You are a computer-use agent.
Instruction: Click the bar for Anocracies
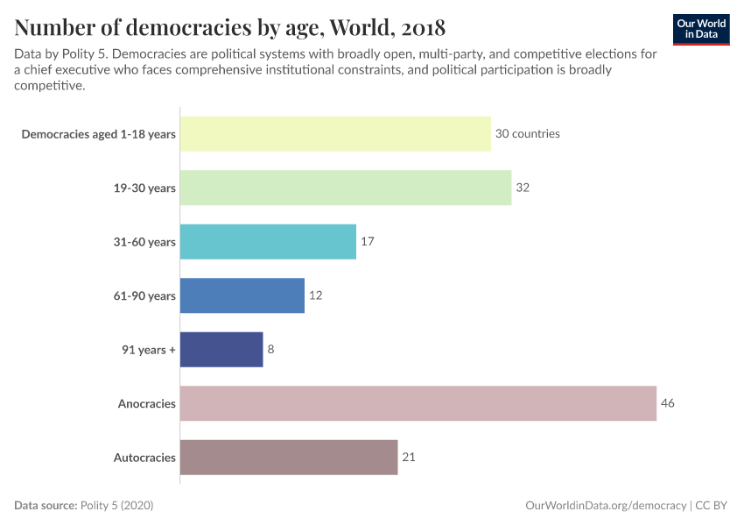tap(418, 403)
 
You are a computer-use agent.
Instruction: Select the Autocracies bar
tap(289, 458)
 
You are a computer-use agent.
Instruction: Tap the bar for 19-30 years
tap(346, 188)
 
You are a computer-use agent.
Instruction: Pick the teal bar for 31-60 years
tap(268, 242)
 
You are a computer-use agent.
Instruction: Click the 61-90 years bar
tap(242, 295)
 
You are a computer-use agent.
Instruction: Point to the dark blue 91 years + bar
tap(221, 349)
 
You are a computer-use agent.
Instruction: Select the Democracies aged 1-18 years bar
tap(335, 134)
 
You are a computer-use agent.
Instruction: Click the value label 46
tap(667, 403)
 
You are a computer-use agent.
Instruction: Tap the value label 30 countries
tap(527, 134)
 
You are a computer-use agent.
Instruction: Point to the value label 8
tap(270, 349)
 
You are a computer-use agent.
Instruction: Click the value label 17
tap(368, 242)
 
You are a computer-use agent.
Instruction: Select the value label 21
tap(409, 458)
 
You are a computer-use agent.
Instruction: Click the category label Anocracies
tap(147, 404)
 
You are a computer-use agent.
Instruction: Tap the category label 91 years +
tap(149, 350)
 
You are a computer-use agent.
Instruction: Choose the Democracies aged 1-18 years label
tap(98, 135)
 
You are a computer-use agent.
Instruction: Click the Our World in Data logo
tap(702, 29)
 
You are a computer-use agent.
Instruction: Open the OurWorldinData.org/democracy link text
tap(605, 506)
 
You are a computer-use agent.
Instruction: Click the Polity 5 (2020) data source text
tap(116, 506)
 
